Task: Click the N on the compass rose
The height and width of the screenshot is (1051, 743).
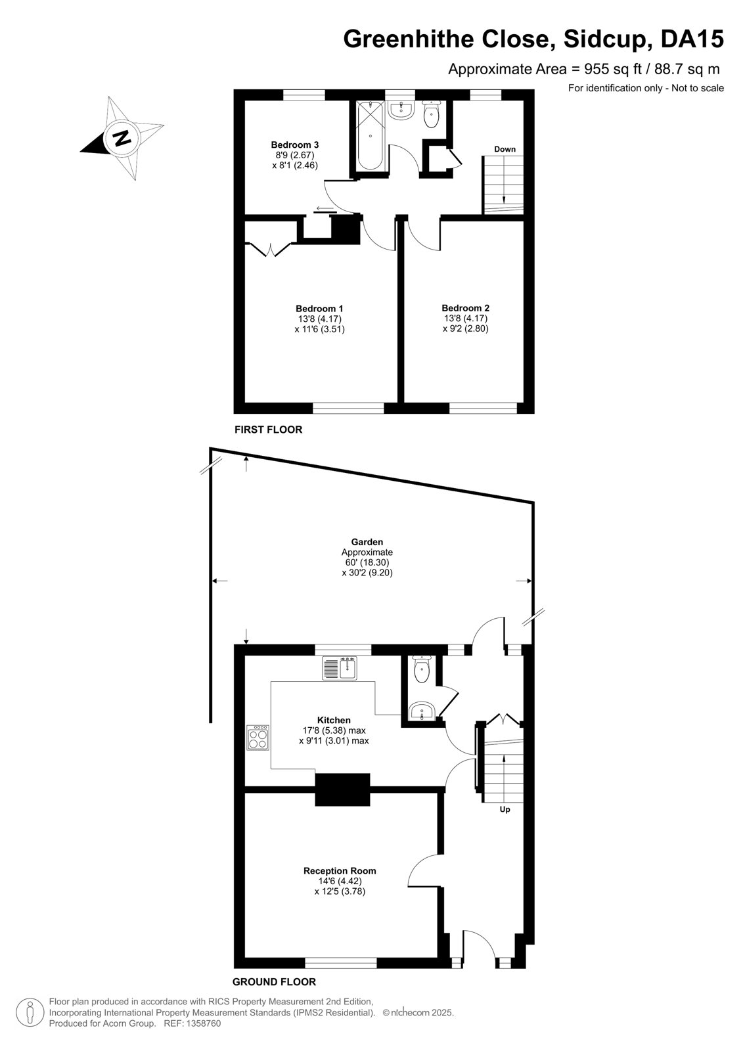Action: (x=122, y=138)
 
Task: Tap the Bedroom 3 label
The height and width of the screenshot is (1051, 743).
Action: (x=295, y=145)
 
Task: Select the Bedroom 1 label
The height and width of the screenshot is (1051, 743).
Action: (x=319, y=308)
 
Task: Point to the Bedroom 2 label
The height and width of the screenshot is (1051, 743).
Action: (x=465, y=308)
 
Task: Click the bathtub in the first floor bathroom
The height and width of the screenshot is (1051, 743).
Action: (x=371, y=136)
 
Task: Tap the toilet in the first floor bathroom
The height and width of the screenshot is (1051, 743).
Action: (x=431, y=114)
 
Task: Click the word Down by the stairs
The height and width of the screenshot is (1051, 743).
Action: (x=505, y=149)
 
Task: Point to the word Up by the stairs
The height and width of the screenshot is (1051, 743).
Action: (x=505, y=809)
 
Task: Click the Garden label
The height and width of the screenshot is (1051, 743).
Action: (x=367, y=542)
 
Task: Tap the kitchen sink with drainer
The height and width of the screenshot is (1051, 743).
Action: (x=340, y=667)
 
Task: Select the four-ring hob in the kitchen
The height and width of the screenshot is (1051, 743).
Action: (x=258, y=738)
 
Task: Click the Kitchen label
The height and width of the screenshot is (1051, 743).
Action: (x=334, y=720)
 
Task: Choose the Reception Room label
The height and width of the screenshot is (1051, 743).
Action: (x=340, y=871)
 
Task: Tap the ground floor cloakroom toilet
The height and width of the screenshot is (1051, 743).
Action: (x=422, y=669)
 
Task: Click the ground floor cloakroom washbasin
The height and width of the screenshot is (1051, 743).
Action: (x=422, y=711)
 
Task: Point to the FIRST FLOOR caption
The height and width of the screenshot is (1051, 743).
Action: (x=269, y=430)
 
